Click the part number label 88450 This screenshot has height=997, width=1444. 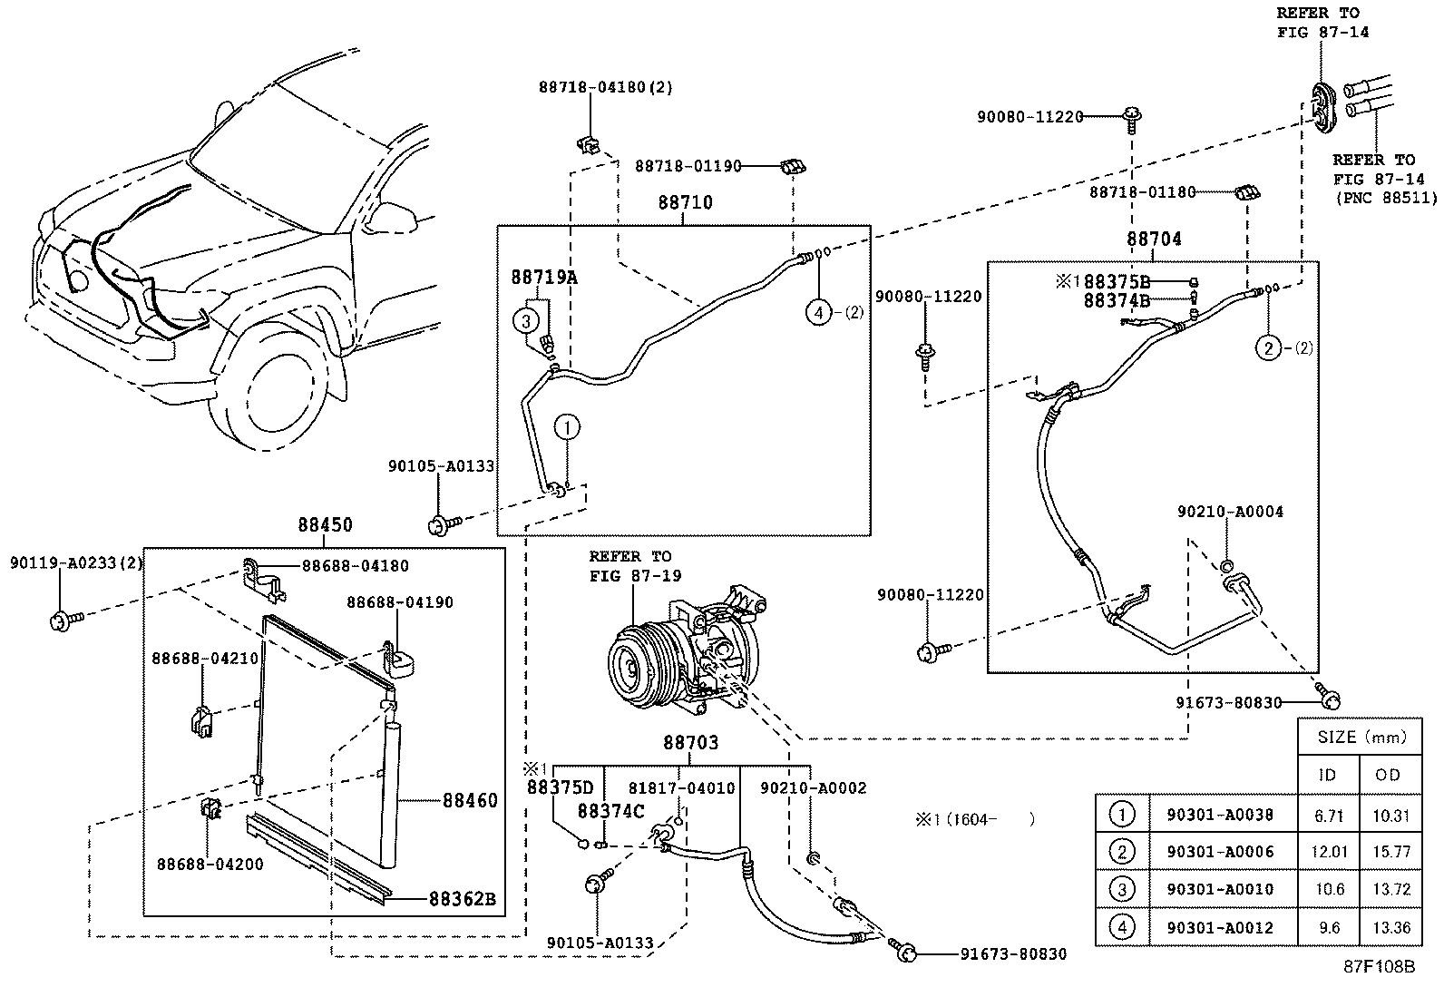click(325, 525)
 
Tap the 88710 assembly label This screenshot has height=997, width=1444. click(685, 203)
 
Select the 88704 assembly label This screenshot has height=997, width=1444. click(1154, 239)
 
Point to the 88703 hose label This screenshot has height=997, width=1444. click(690, 743)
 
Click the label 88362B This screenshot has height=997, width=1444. click(463, 899)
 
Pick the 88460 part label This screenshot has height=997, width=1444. click(470, 800)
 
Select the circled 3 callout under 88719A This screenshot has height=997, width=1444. click(526, 319)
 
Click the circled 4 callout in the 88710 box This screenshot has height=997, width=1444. click(819, 313)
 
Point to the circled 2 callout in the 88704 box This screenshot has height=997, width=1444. click(1268, 347)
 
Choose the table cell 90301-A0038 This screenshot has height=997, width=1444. click(1219, 815)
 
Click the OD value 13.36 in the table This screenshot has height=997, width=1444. click(1390, 927)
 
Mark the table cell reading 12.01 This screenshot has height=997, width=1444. click(1329, 852)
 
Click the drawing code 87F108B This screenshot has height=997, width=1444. click(1379, 966)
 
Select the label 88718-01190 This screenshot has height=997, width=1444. click(688, 166)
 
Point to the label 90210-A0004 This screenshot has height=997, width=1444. click(1230, 512)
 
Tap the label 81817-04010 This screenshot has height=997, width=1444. click(682, 788)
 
